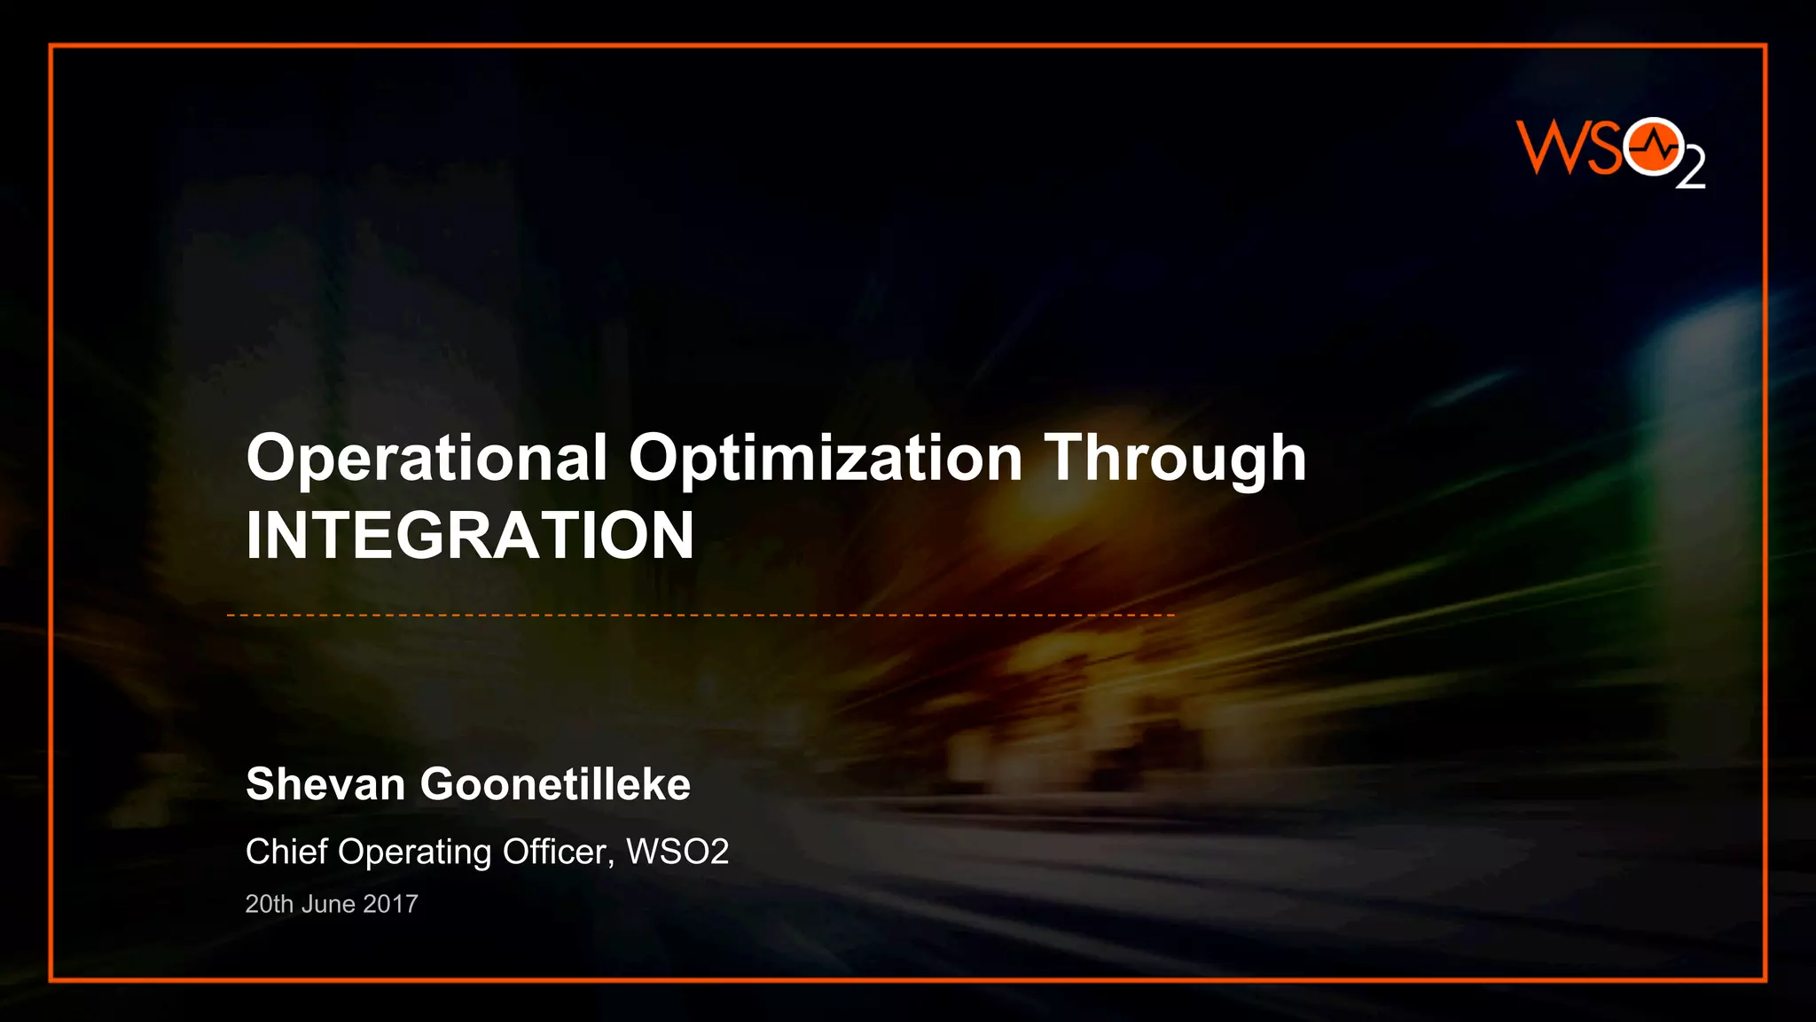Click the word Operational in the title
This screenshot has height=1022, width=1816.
point(427,459)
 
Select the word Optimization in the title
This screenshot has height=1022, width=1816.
point(825,459)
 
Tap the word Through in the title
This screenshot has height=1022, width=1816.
point(1175,459)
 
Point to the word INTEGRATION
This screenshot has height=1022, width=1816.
point(470,536)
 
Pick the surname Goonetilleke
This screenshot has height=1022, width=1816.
point(555,784)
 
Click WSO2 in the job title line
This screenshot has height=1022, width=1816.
point(677,852)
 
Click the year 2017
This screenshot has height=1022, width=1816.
point(390,904)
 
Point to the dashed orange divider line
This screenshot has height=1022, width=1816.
point(701,615)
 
